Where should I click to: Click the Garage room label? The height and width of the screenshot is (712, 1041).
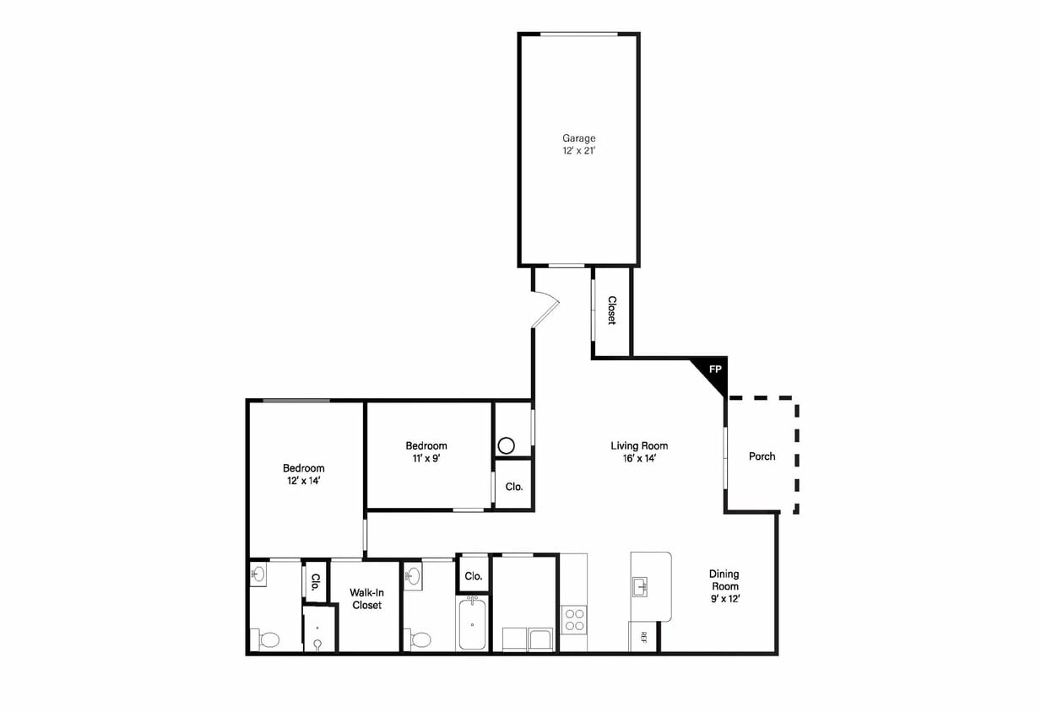[x=578, y=138]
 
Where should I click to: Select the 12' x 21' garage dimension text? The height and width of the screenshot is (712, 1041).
[x=578, y=150]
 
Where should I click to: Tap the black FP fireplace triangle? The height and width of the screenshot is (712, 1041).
[x=712, y=374]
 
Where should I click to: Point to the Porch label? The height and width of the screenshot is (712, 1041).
[x=762, y=456]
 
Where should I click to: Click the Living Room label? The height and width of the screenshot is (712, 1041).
[x=639, y=445]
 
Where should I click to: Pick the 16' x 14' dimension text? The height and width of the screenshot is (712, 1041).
[x=639, y=458]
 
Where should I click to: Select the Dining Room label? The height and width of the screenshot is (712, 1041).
[x=724, y=580]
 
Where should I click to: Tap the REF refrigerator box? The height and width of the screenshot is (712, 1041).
[x=642, y=637]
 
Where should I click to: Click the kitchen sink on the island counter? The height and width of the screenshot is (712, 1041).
[x=641, y=586]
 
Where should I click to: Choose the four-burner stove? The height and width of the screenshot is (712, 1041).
[x=574, y=619]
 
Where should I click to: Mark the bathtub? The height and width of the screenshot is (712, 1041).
[x=472, y=624]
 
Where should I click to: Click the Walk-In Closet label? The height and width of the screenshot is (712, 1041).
[x=366, y=599]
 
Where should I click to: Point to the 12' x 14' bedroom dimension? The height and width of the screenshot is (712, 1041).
[x=303, y=481]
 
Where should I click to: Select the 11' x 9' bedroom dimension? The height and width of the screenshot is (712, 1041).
[x=426, y=458]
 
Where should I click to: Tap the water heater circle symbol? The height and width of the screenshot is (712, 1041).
[x=506, y=446]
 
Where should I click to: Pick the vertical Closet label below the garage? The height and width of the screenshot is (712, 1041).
[x=612, y=310]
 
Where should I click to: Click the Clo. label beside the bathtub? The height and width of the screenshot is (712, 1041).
[x=474, y=576]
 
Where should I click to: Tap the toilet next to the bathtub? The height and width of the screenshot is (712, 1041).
[x=420, y=640]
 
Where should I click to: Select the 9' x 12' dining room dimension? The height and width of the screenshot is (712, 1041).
[x=725, y=599]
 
